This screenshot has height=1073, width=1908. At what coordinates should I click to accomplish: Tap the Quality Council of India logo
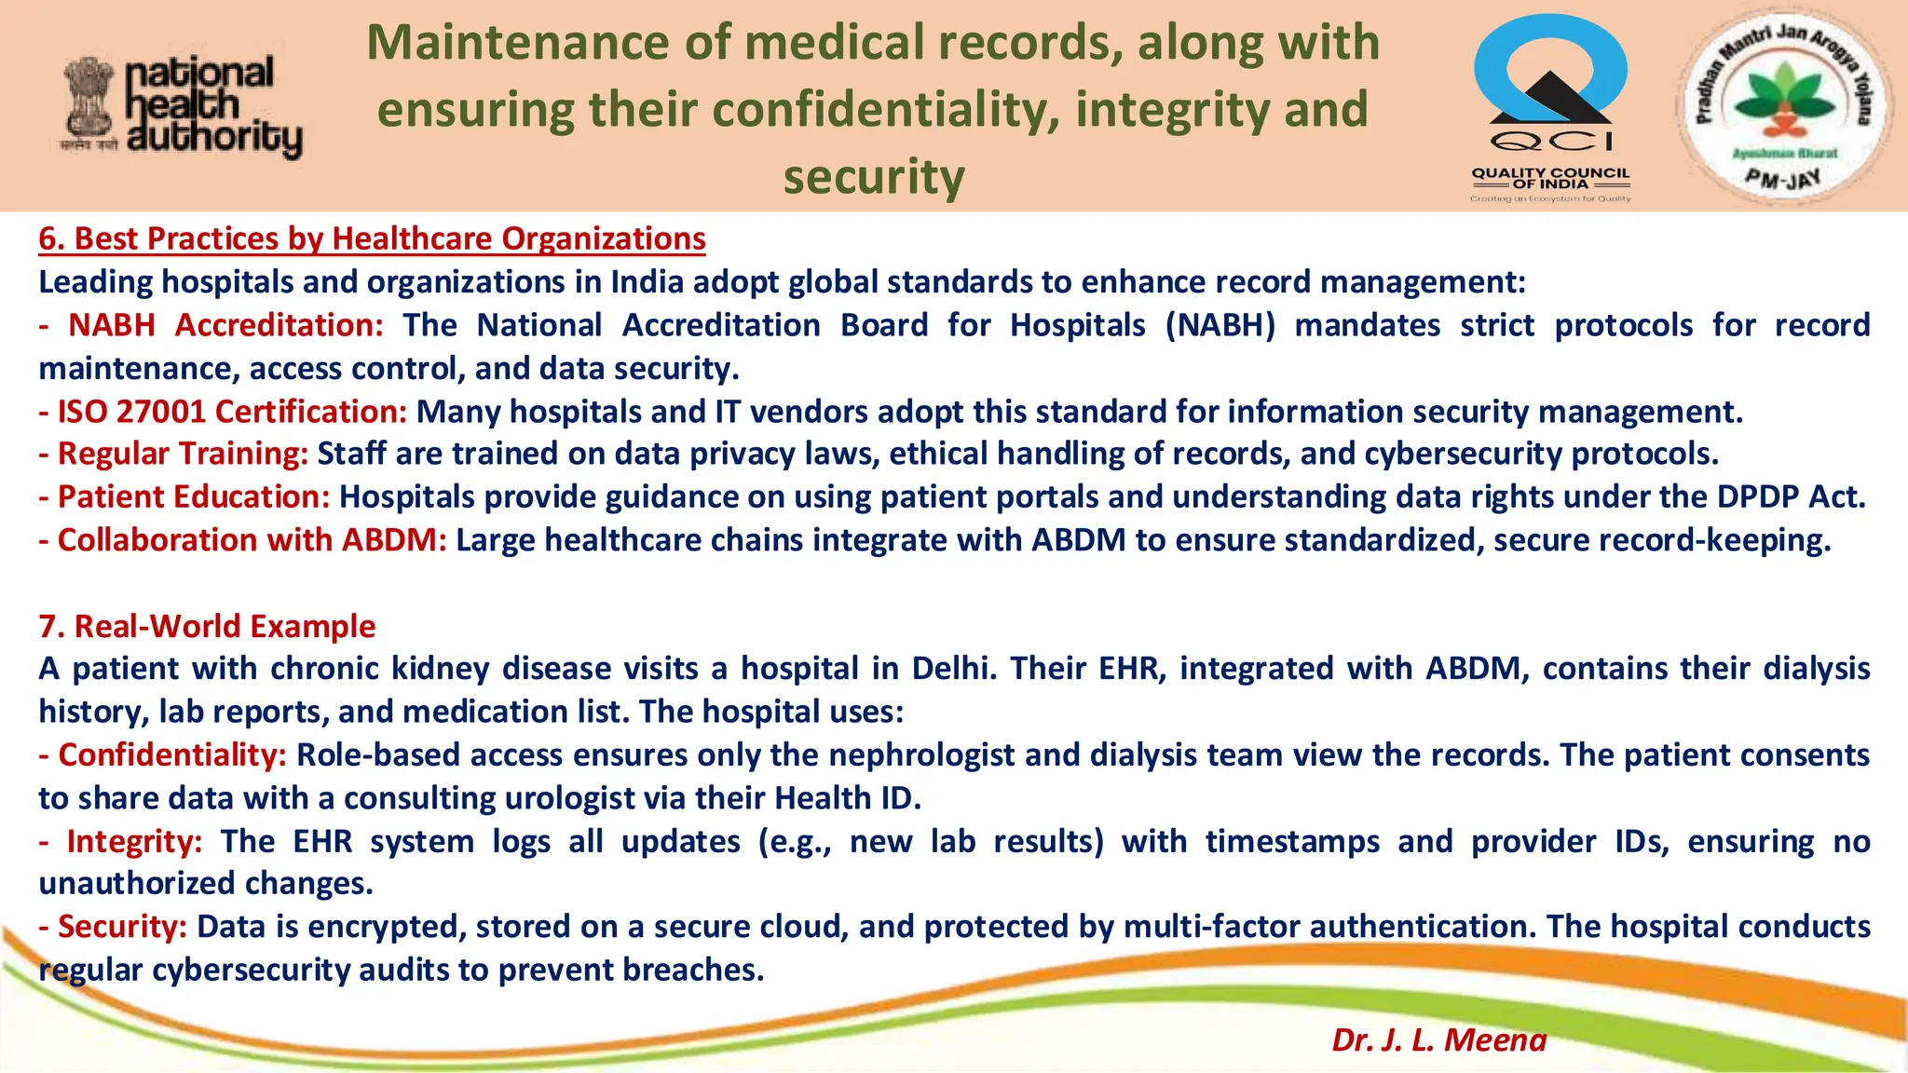click(1550, 107)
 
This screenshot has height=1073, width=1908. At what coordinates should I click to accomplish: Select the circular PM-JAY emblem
click(1781, 107)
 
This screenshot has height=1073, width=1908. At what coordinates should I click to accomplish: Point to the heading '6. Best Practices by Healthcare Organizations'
click(372, 239)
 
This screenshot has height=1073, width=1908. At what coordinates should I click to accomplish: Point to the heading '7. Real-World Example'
click(207, 626)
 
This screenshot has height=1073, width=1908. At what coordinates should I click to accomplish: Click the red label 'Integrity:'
click(134, 841)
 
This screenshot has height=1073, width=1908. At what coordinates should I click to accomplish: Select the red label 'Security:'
click(122, 927)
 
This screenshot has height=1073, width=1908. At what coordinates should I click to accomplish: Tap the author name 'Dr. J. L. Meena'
click(1438, 1039)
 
